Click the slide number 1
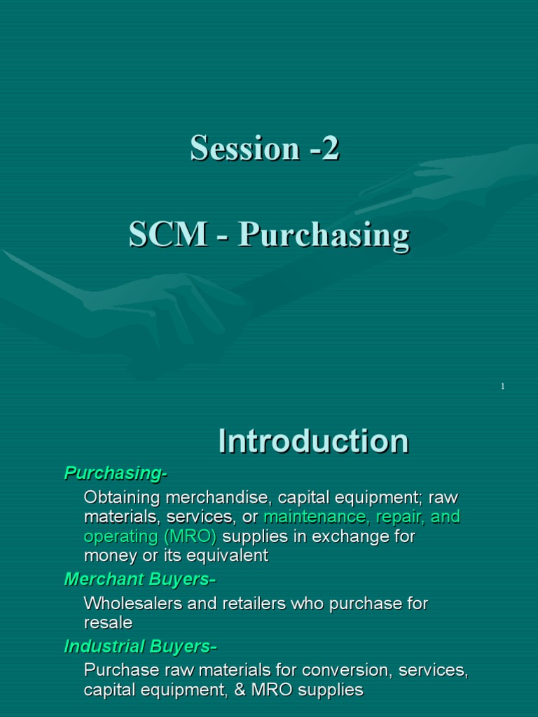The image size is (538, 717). [x=503, y=387]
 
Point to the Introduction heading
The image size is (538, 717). [x=313, y=441]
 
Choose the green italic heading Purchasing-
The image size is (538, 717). [x=116, y=473]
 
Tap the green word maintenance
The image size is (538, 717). [x=313, y=517]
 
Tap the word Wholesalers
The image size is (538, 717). [x=133, y=603]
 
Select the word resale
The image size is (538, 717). [x=108, y=622]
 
